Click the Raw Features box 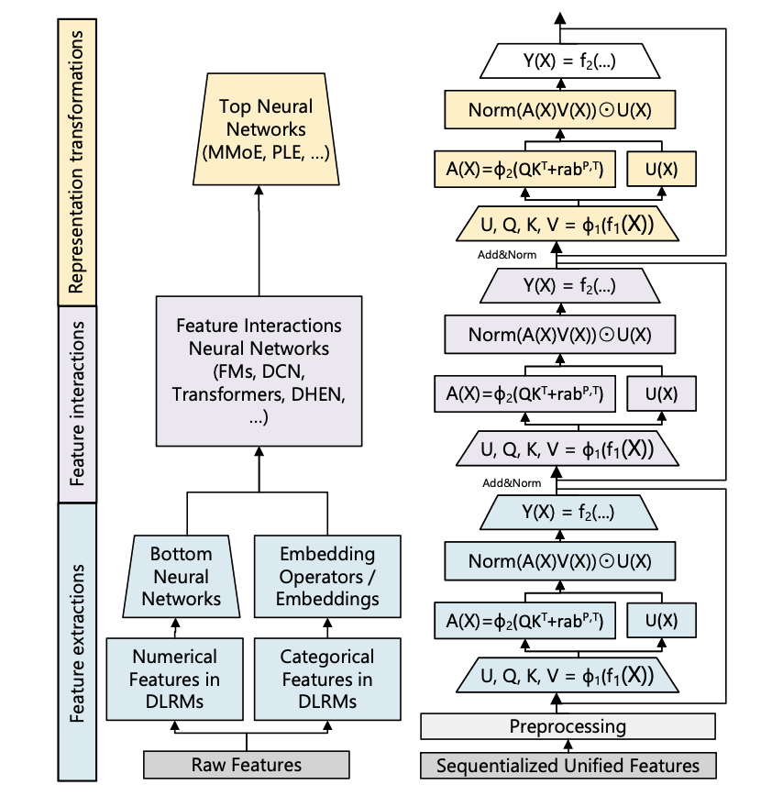tap(246, 764)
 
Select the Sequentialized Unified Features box tap(568, 765)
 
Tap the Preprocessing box tap(568, 726)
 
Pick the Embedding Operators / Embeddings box tap(327, 577)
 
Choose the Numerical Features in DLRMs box tap(175, 680)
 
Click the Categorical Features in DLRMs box tap(327, 680)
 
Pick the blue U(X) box tap(661, 621)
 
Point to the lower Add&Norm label tap(512, 483)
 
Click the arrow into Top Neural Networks tap(259, 238)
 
